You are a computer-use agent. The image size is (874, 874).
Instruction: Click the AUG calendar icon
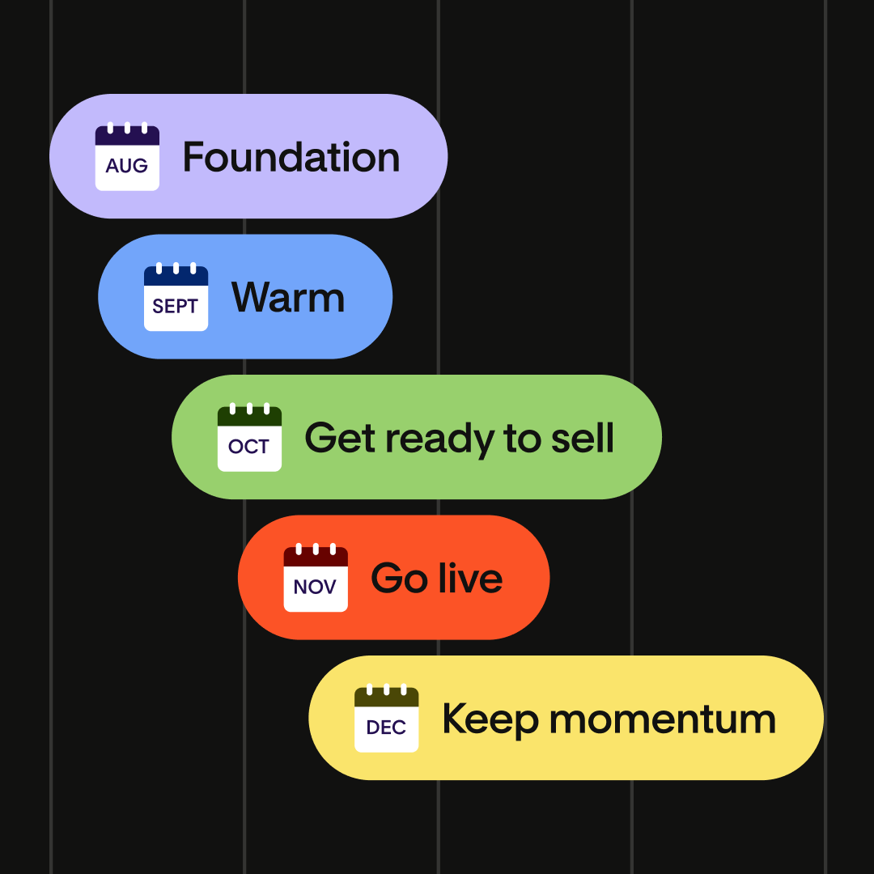point(127,156)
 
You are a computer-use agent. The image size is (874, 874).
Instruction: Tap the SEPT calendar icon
point(176,296)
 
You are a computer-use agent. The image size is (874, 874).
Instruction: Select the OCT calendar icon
point(249,437)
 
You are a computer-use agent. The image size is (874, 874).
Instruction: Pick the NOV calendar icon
point(316,578)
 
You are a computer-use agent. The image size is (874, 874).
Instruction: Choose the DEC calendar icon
point(386,718)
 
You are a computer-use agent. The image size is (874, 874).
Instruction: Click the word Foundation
point(291,157)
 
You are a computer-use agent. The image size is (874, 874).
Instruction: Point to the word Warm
point(288,297)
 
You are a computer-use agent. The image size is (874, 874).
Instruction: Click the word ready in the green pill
point(439,439)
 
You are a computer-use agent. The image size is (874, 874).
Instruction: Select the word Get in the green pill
point(340,438)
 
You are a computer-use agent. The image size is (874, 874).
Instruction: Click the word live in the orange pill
point(470,578)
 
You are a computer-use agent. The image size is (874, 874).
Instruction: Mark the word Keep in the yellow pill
point(490,721)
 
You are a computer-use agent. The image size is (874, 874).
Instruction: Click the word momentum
point(663,719)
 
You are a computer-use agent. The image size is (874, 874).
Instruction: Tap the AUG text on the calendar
point(127,166)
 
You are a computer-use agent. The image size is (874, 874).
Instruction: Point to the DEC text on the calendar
point(386,728)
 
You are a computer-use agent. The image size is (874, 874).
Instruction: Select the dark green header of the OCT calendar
point(249,417)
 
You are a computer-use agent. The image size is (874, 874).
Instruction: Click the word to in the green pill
point(522,438)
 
